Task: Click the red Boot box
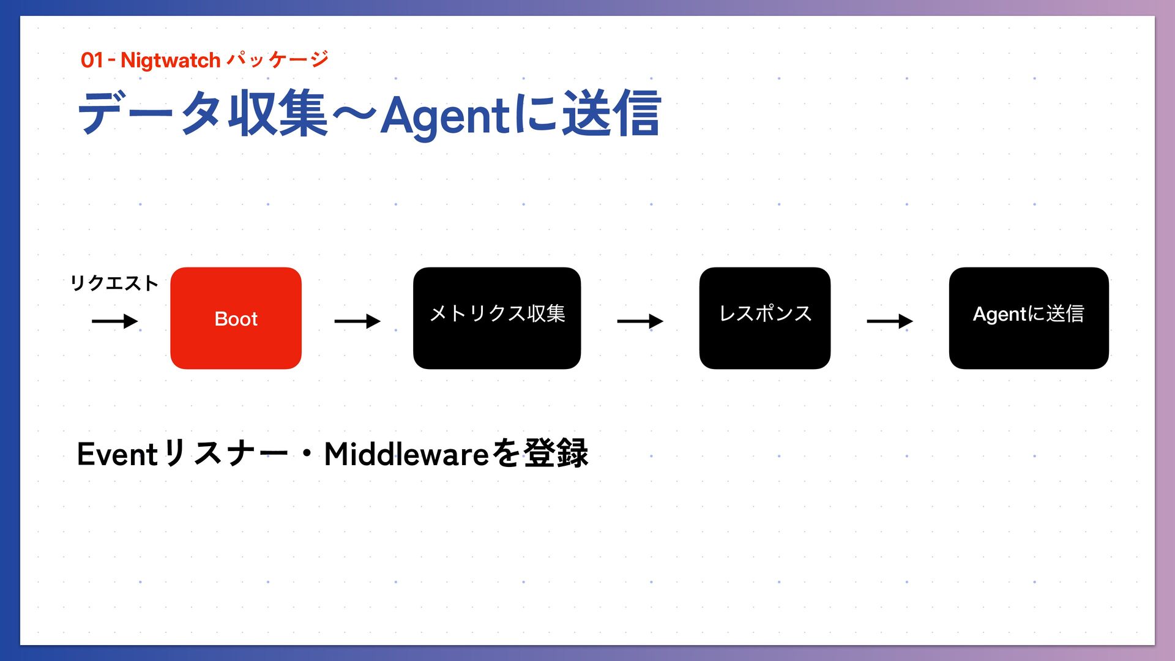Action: [x=236, y=318]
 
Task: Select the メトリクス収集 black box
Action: [x=496, y=318]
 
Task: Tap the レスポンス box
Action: [x=764, y=318]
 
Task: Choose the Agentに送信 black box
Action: [x=1028, y=318]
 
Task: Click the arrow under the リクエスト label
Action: [x=114, y=321]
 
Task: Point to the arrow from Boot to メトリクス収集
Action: [x=357, y=321]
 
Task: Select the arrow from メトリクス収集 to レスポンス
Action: [x=640, y=321]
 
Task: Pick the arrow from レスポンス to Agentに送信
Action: [x=889, y=321]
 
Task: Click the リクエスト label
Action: [x=114, y=283]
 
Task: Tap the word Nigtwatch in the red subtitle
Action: [x=170, y=61]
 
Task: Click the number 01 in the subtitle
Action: [x=92, y=61]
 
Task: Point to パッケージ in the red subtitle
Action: [x=277, y=59]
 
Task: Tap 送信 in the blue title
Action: [x=611, y=114]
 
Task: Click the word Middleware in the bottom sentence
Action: [x=406, y=454]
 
